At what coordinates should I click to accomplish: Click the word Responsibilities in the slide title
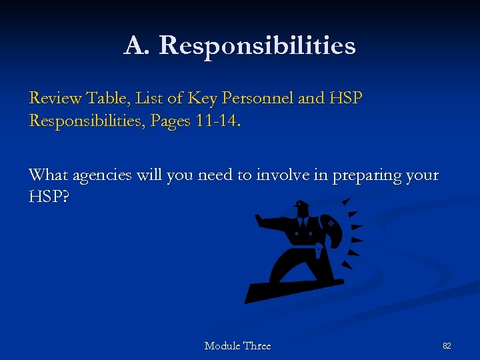pyautogui.click(x=257, y=46)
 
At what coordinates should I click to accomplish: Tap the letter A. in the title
pyautogui.click(x=137, y=45)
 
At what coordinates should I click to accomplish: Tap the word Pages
pyautogui.click(x=176, y=121)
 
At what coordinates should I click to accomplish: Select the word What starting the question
pyautogui.click(x=49, y=175)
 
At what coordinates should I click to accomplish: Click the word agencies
pyautogui.click(x=103, y=176)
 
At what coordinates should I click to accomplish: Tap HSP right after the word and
pyautogui.click(x=346, y=99)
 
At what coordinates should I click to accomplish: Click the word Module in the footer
pyautogui.click(x=223, y=345)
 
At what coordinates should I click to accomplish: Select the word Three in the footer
pyautogui.click(x=257, y=345)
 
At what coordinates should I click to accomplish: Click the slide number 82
pyautogui.click(x=447, y=346)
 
